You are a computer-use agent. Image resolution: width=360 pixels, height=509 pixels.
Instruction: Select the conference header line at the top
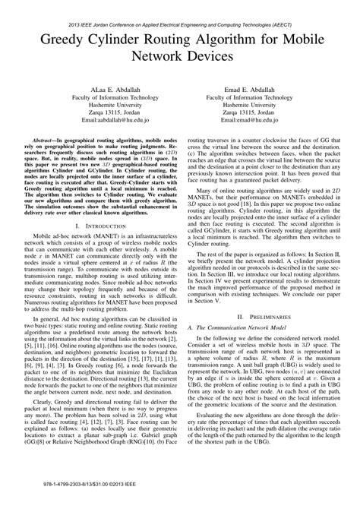click(179, 14)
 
